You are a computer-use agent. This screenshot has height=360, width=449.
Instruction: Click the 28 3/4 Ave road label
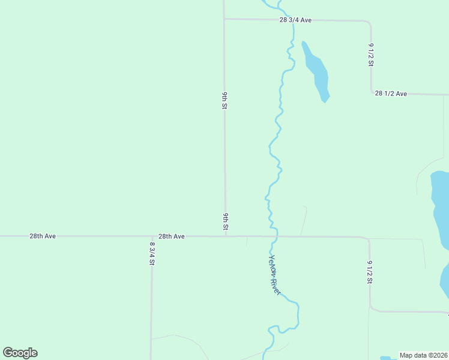pyautogui.click(x=295, y=20)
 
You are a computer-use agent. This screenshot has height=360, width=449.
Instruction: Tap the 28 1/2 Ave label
pyautogui.click(x=391, y=94)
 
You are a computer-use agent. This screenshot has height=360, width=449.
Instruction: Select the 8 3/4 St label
pyautogui.click(x=152, y=253)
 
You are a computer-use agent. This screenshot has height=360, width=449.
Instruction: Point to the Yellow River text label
pyautogui.click(x=274, y=274)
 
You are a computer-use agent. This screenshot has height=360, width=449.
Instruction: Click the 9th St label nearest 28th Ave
pyautogui.click(x=226, y=221)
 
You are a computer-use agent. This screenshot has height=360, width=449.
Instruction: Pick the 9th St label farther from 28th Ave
pyautogui.click(x=224, y=101)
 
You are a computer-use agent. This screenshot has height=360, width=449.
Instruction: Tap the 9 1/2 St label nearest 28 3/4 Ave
pyautogui.click(x=371, y=55)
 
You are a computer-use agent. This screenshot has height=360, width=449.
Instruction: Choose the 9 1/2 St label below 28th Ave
pyautogui.click(x=370, y=272)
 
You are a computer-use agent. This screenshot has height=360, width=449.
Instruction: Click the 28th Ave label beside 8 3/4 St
pyautogui.click(x=171, y=236)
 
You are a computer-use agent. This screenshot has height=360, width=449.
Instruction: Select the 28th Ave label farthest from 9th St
pyautogui.click(x=43, y=236)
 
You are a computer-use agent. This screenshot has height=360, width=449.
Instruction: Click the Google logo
pyautogui.click(x=20, y=353)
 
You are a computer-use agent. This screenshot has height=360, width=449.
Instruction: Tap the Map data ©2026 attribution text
pyautogui.click(x=423, y=355)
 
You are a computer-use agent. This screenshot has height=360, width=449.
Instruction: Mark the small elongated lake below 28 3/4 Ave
pyautogui.click(x=316, y=71)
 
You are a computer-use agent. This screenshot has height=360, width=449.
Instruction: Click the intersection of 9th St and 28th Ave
pyautogui.click(x=226, y=236)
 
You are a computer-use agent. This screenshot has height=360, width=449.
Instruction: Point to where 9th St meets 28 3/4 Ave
pyautogui.click(x=224, y=19)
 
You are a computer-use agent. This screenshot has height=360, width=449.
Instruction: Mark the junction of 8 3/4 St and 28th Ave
pyautogui.click(x=151, y=236)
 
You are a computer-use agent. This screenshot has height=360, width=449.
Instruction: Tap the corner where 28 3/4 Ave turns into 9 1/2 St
pyautogui.click(x=369, y=23)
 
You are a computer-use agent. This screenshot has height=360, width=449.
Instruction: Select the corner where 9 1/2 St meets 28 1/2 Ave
pyautogui.click(x=372, y=92)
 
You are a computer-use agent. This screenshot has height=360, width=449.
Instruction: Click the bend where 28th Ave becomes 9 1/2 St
pyautogui.click(x=368, y=239)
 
